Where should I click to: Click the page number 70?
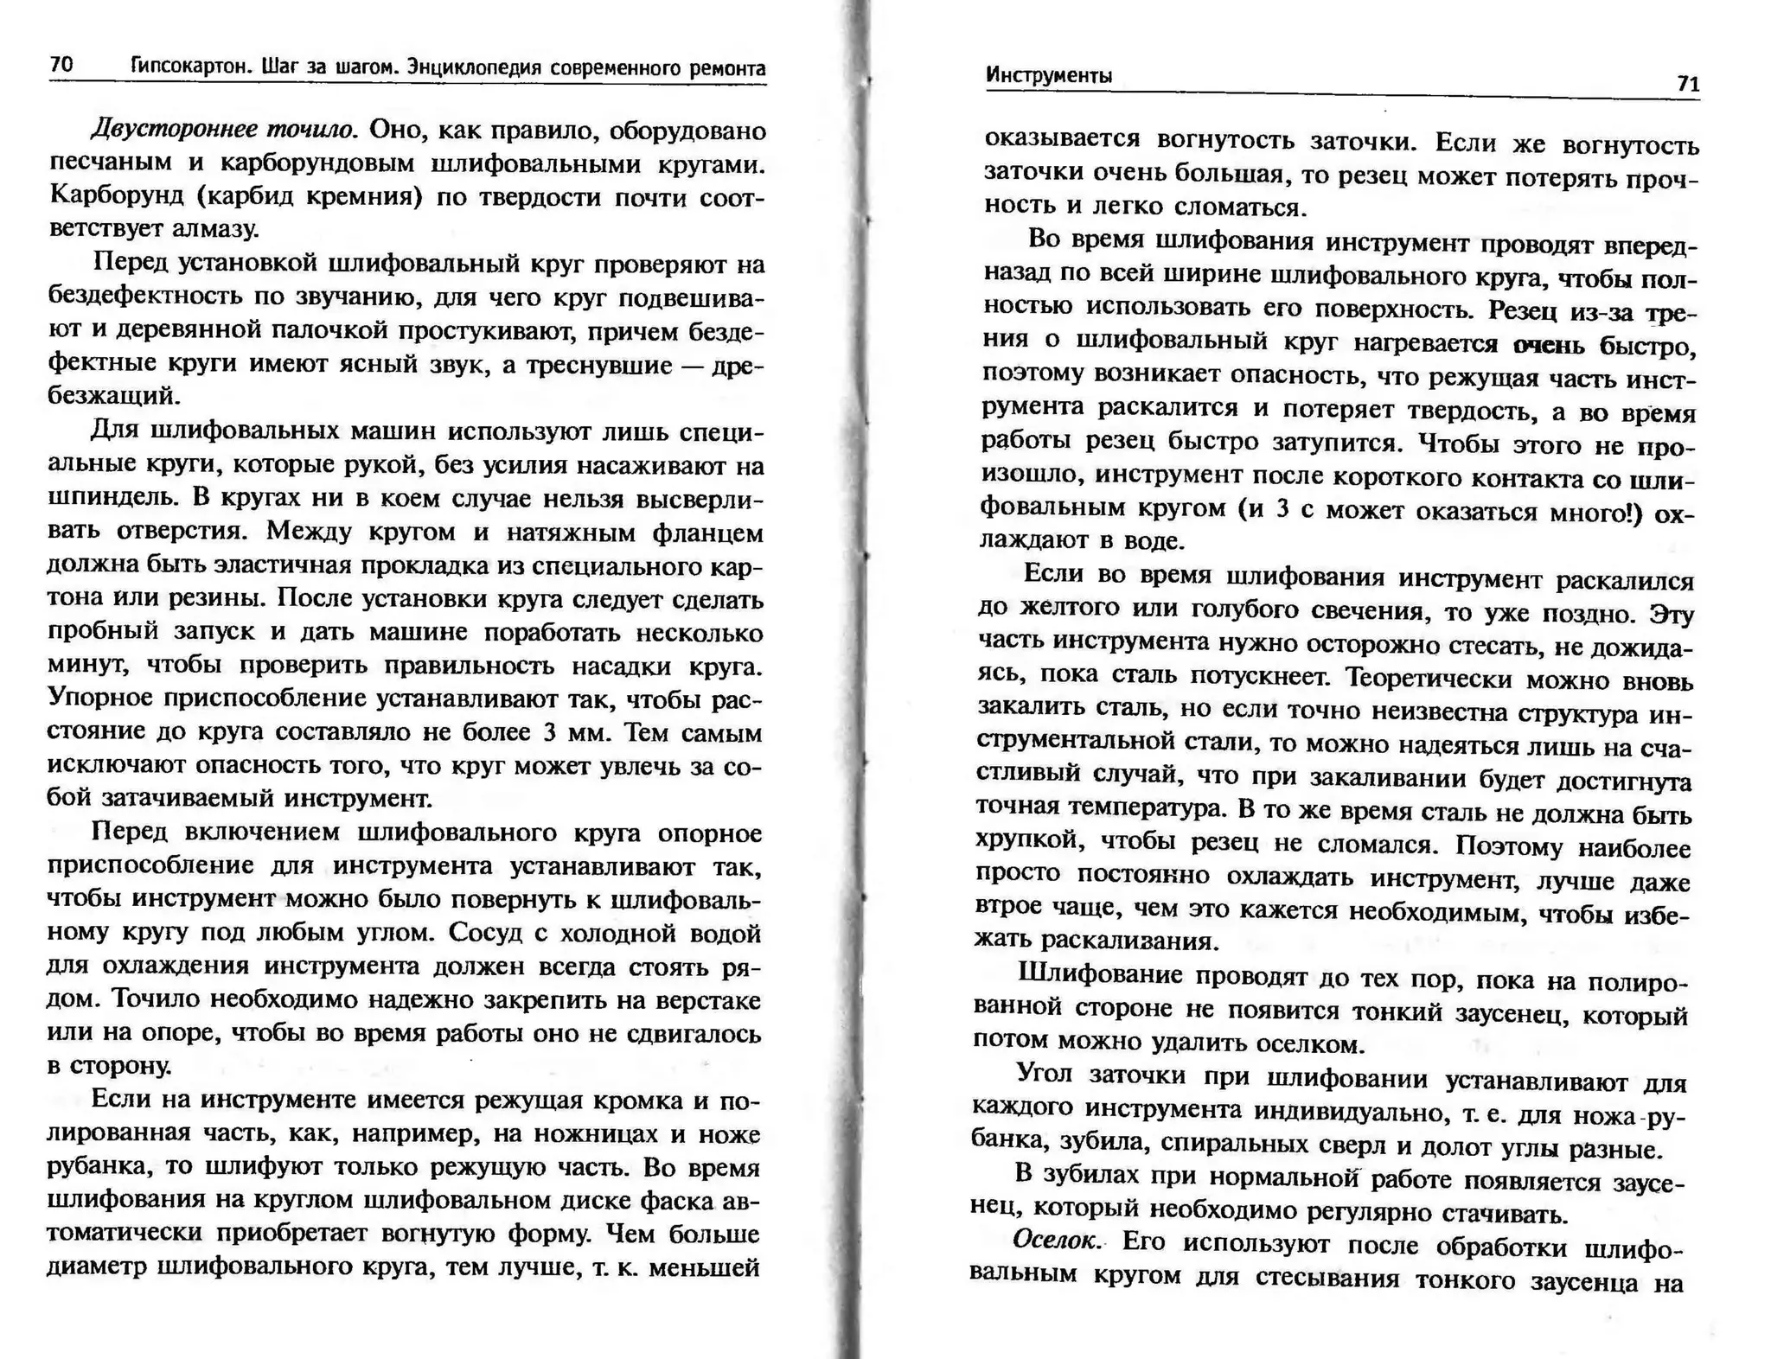click(61, 65)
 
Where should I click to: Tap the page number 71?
click(1688, 84)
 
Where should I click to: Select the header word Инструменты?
click(1049, 76)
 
